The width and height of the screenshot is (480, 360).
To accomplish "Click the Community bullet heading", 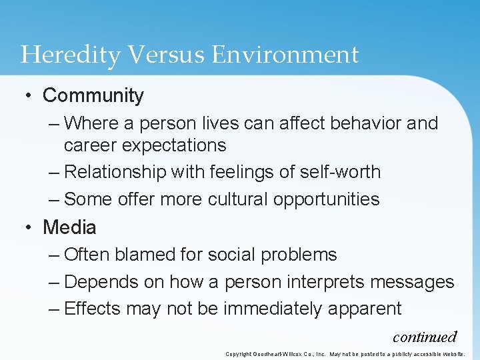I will (x=93, y=96).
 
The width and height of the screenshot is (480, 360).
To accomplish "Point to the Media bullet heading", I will (x=69, y=227).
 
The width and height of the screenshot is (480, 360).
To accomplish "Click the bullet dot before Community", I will (x=28, y=96).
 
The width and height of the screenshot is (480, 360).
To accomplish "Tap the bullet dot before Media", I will (x=28, y=227).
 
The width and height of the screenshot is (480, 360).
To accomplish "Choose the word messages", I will (x=412, y=282).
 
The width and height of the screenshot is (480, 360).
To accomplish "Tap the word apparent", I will (x=371, y=309).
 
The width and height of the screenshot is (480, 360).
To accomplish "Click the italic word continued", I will (x=425, y=337).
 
